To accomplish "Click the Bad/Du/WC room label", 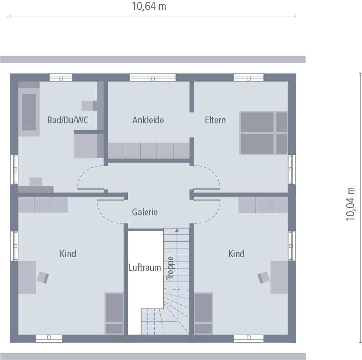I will (x=68, y=120).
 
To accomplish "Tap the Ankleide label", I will (x=148, y=120).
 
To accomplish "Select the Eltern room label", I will (x=215, y=120).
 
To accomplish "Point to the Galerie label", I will (x=145, y=212).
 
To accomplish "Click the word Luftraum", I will (x=145, y=268).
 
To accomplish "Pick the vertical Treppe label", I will (x=171, y=268).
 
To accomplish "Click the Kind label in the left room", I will (x=68, y=253).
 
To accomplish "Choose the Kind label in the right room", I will (x=236, y=253).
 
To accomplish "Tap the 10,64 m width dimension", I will (x=149, y=6).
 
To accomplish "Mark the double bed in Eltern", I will (x=264, y=133).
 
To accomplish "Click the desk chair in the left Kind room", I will (x=43, y=277).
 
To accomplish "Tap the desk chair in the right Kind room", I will (x=264, y=277).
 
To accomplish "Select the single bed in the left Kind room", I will (x=114, y=313).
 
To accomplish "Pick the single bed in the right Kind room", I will (x=203, y=313).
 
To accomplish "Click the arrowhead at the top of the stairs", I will (x=176, y=230).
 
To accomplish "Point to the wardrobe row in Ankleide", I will (x=148, y=151).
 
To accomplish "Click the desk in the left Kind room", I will (x=27, y=277).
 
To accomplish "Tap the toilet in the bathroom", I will (x=88, y=105).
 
